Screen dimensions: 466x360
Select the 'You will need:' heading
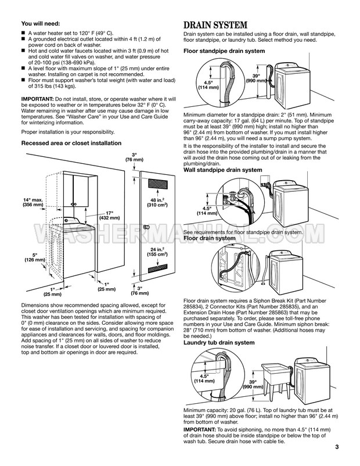click(40, 24)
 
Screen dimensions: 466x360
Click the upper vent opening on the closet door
click(156, 183)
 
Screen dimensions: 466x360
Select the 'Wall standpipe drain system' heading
click(222, 170)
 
